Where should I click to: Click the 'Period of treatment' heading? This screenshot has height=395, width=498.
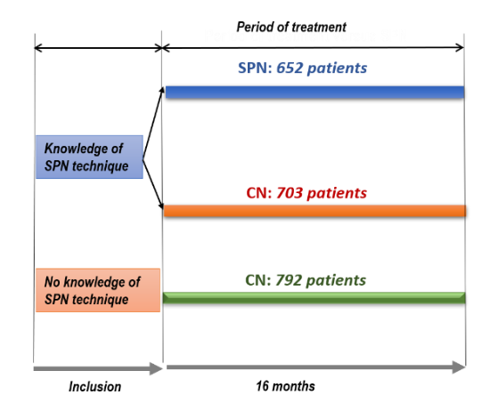click(290, 27)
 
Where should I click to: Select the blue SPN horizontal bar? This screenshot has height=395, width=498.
click(314, 92)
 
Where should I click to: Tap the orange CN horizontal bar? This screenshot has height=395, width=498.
click(314, 211)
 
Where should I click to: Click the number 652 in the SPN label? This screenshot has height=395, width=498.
click(292, 68)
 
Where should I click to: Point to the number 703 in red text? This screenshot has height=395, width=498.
click(292, 192)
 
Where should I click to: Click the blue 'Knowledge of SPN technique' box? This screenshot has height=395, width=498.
click(89, 157)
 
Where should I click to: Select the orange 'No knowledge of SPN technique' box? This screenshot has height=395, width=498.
click(98, 290)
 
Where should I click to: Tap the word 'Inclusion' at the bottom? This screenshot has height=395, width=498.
click(94, 386)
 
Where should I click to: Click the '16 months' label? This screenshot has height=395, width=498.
click(285, 386)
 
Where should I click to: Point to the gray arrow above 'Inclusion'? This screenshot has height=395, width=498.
click(97, 367)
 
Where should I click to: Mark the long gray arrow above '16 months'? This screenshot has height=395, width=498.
click(314, 366)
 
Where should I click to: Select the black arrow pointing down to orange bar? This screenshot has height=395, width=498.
click(153, 183)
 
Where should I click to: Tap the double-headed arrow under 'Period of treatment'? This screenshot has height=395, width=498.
click(313, 46)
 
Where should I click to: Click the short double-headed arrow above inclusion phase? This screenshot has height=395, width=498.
click(97, 46)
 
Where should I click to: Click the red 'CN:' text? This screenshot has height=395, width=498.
click(258, 192)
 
